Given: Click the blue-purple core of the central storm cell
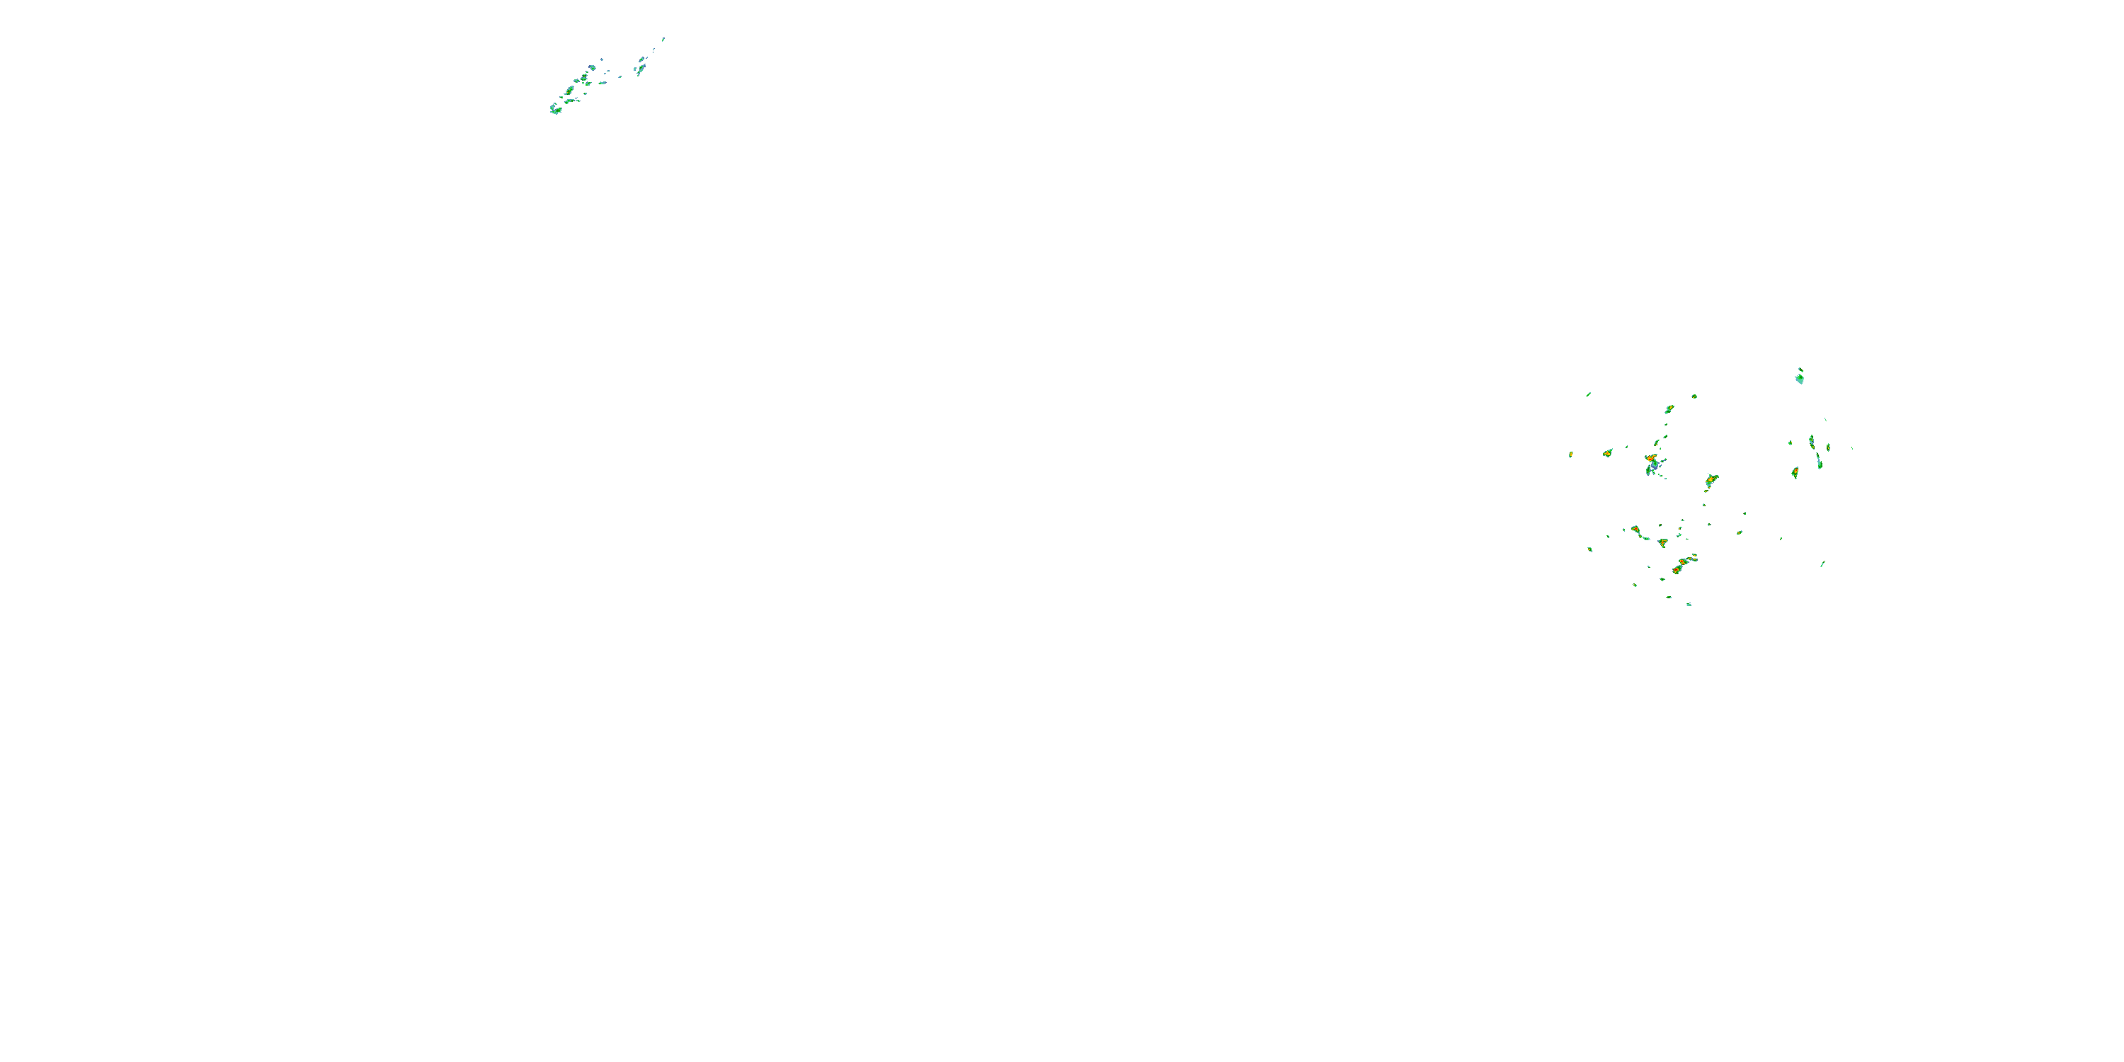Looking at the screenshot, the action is (1654, 466).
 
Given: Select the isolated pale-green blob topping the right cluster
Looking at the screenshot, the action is (1799, 379).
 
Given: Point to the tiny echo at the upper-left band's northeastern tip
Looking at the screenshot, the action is (663, 39).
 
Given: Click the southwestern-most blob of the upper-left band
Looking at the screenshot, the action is (556, 110).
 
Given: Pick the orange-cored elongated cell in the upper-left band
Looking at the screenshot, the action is (569, 90).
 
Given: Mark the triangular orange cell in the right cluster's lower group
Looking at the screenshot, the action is (1662, 542).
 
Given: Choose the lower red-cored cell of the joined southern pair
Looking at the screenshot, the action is (1677, 569).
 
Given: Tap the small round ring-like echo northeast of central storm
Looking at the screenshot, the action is (1694, 396).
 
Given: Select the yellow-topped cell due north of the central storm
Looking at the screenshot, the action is (1669, 409).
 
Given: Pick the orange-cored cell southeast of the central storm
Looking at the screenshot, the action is (1711, 479).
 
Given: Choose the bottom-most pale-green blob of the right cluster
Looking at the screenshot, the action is (1689, 605).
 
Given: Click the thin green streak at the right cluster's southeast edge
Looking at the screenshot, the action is (1822, 564).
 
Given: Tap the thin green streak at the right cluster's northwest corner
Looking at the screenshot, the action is (1588, 394).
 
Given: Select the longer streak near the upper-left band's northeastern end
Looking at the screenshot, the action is (641, 65).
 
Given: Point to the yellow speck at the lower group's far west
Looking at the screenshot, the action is (1589, 549).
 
